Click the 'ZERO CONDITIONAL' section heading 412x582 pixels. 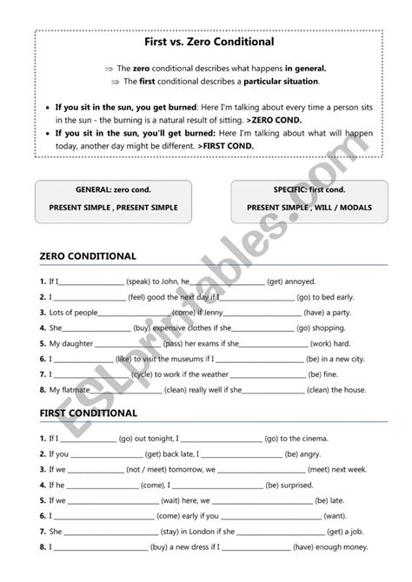(88, 256)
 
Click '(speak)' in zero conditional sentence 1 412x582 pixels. (140, 282)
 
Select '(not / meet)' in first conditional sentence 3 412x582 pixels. (144, 469)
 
